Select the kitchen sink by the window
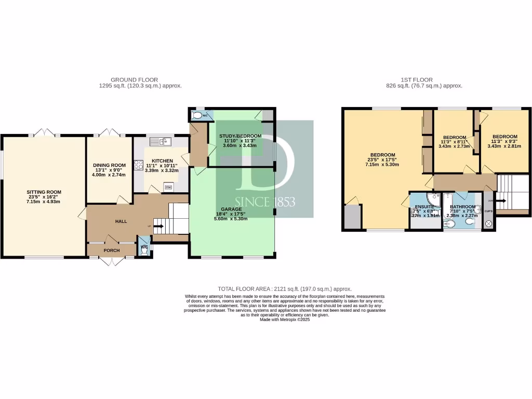[x=161, y=141]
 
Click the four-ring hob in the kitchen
[x=139, y=165]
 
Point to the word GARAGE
[x=233, y=209]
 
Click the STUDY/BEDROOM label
[x=240, y=136]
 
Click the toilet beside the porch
[x=144, y=249]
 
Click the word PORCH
[x=112, y=250]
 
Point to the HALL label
[x=121, y=221]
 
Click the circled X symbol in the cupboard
[x=488, y=224]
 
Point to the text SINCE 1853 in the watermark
[x=265, y=201]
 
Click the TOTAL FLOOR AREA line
[x=284, y=289]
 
